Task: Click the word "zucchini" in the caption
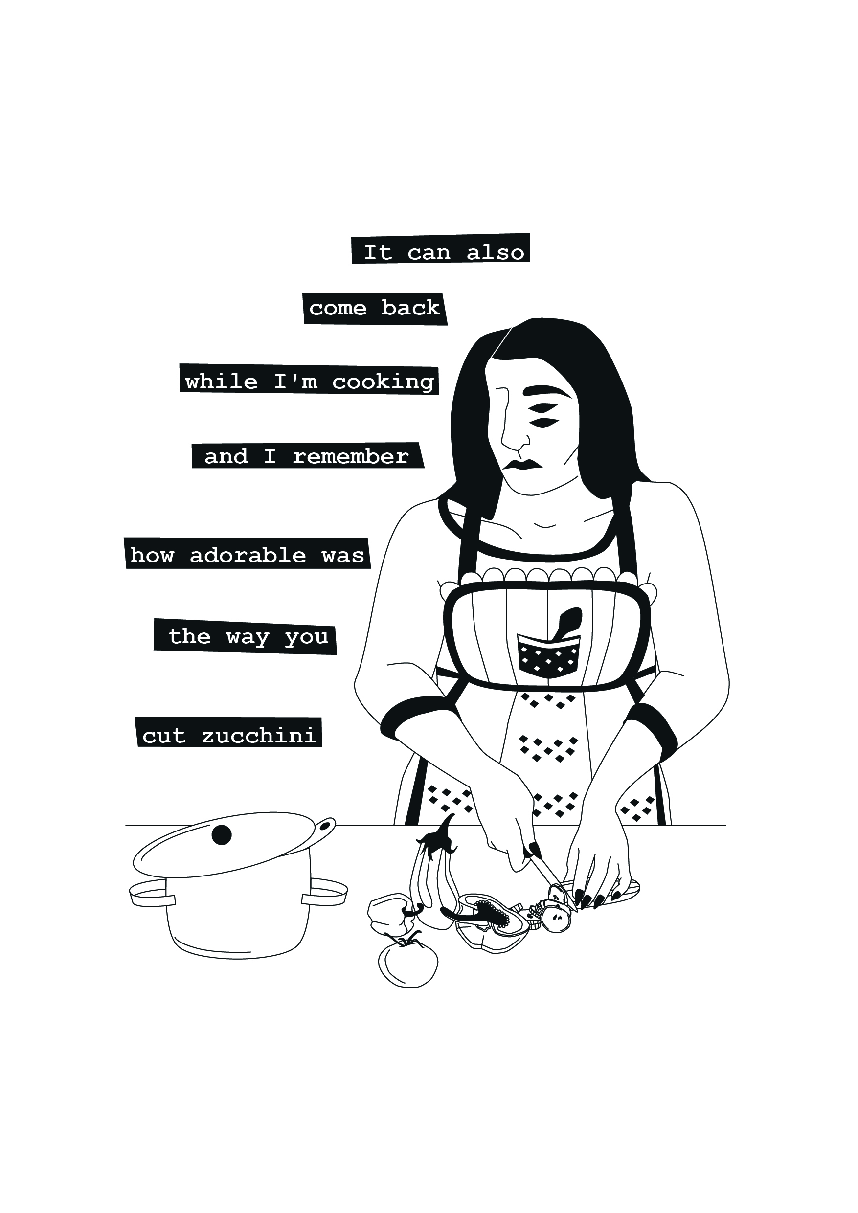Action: (x=259, y=736)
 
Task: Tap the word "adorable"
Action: (x=248, y=555)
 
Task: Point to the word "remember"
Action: (x=351, y=456)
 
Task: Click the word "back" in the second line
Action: (x=410, y=308)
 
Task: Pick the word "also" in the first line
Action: (x=495, y=252)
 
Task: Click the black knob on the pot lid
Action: (x=222, y=835)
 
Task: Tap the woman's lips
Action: (x=521, y=464)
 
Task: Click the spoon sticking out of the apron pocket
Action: (x=566, y=622)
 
